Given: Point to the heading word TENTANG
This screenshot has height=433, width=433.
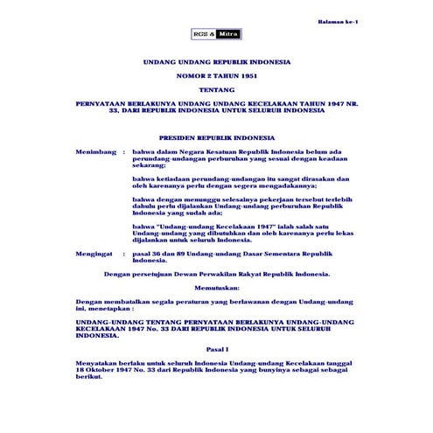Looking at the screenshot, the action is (x=216, y=89).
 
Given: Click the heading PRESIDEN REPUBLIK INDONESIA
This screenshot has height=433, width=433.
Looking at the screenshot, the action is (x=216, y=138).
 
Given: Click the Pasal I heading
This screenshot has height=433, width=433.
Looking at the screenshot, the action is (x=216, y=348).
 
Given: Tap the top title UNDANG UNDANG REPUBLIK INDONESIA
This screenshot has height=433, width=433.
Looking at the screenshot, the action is (x=216, y=64).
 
